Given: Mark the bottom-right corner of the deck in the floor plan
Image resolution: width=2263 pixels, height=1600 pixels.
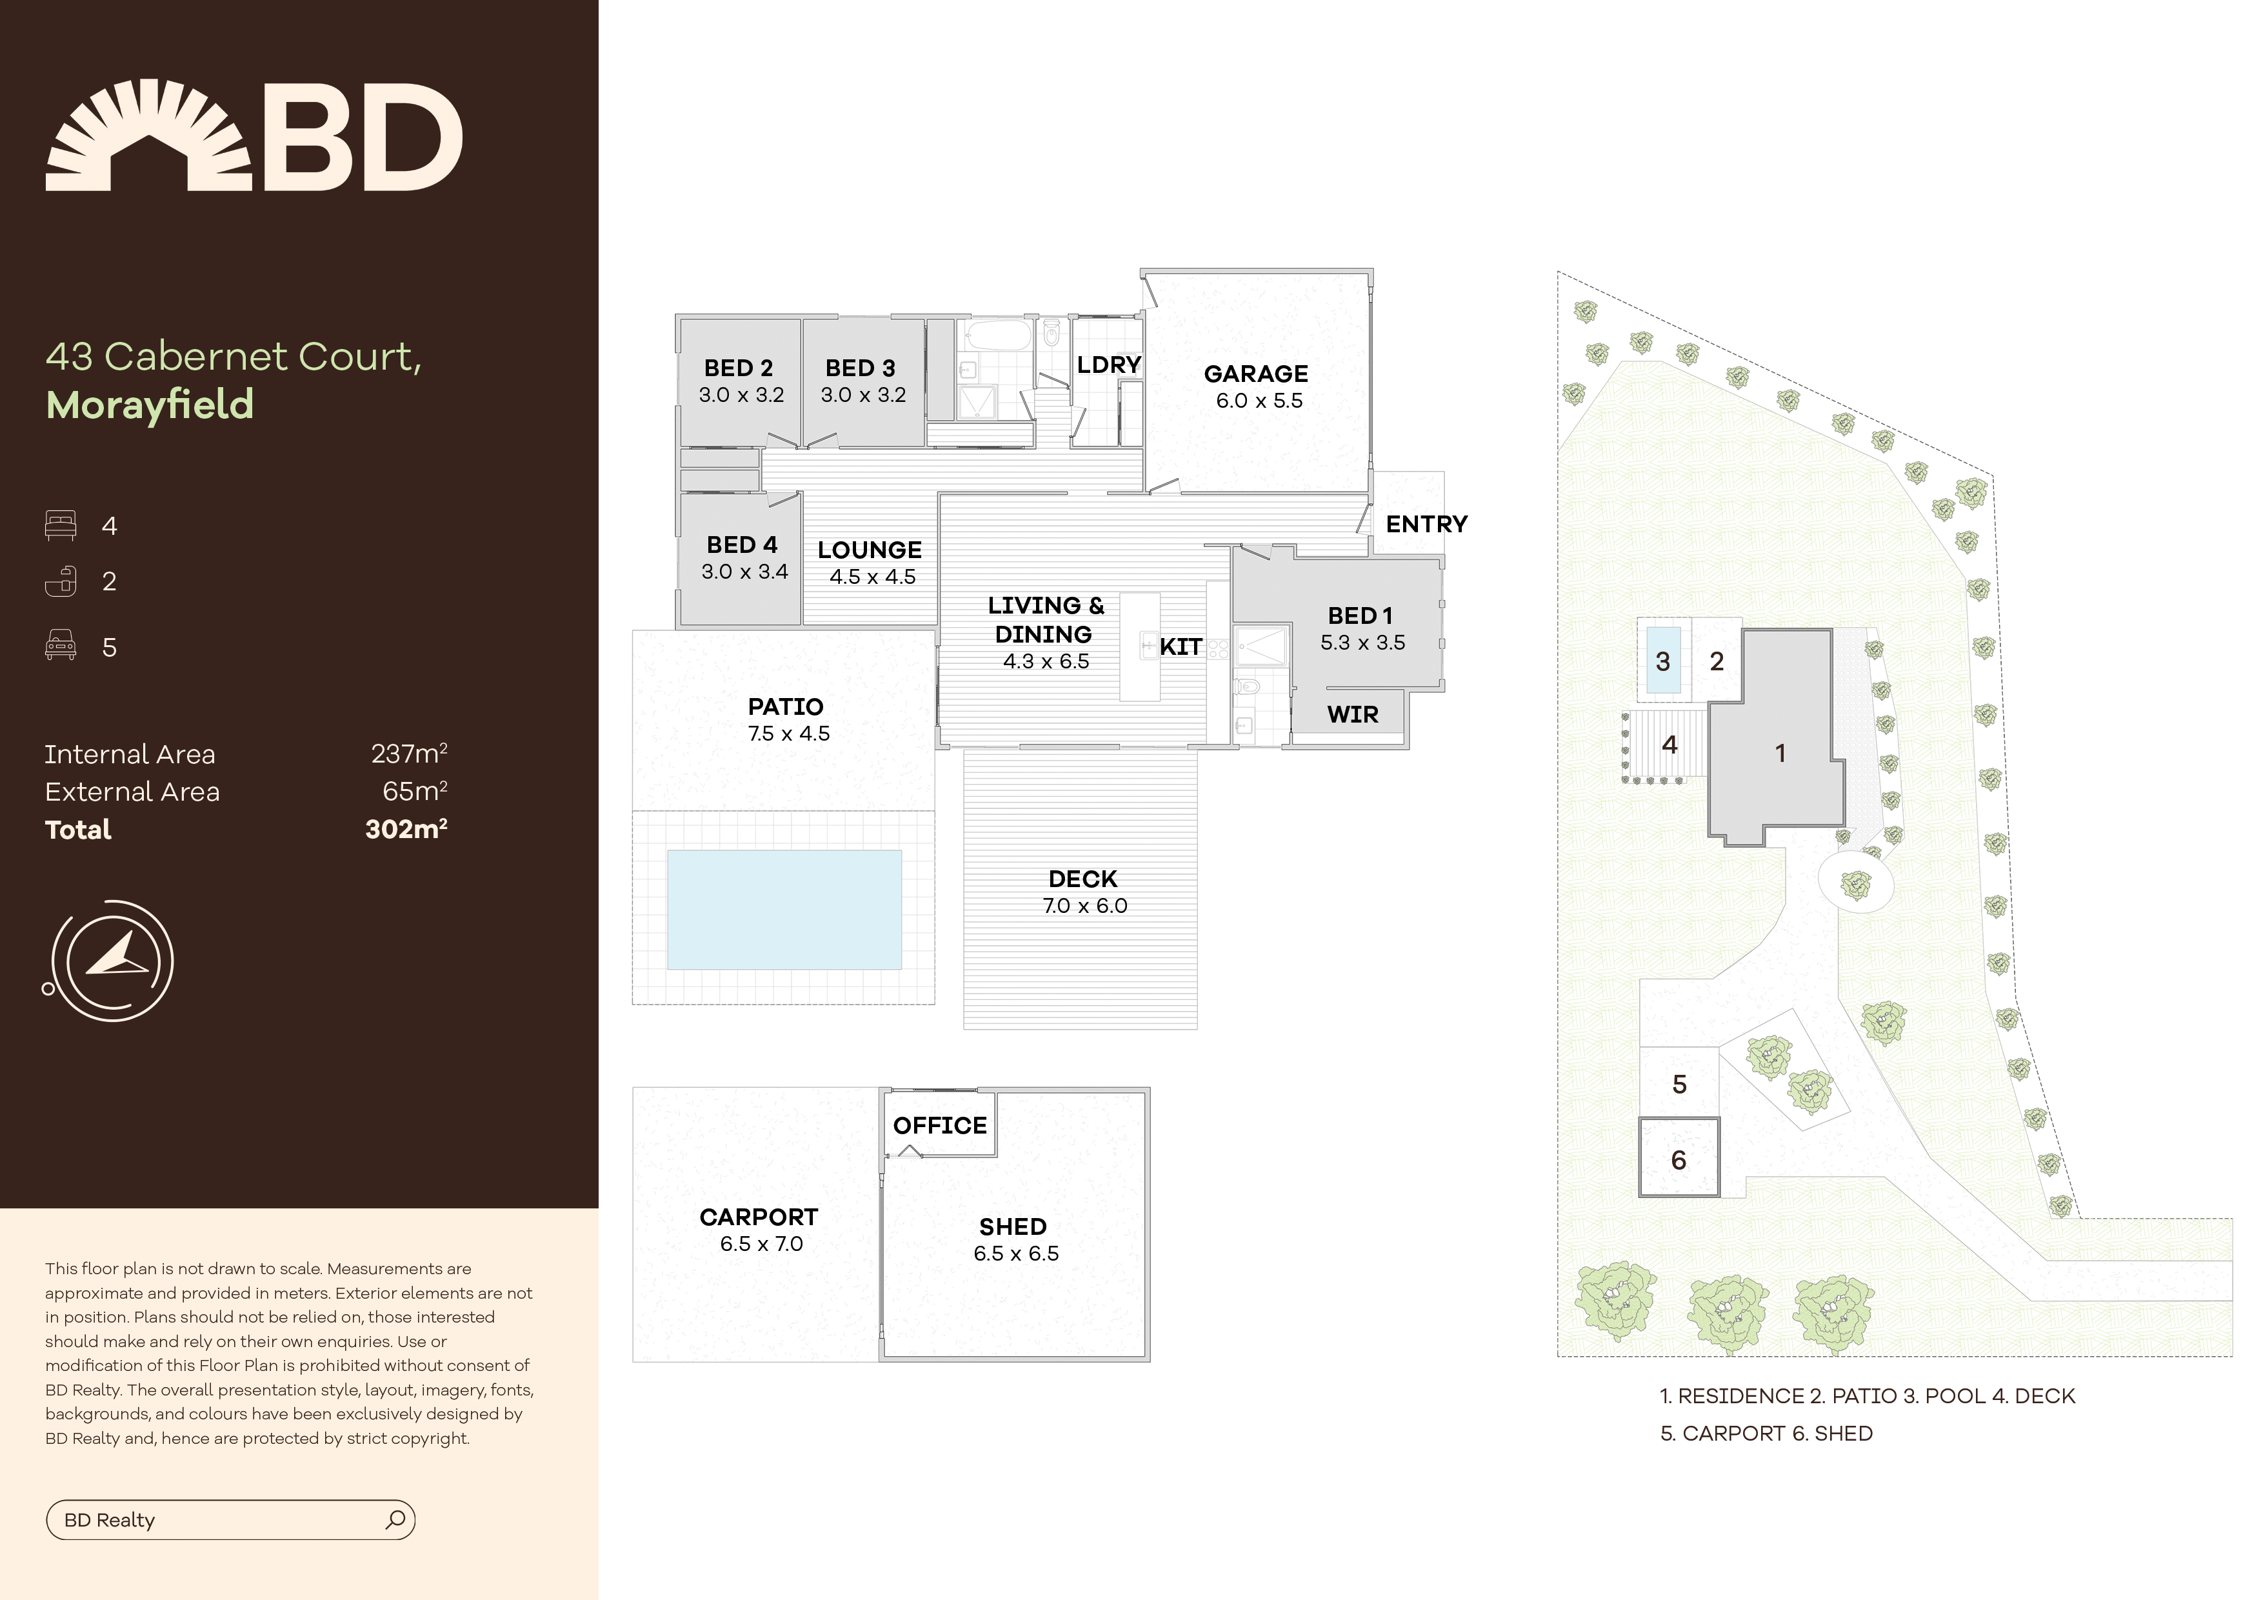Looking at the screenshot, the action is point(1197,1029).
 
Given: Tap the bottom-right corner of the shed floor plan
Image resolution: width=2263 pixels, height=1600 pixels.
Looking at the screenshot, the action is point(1150,1361).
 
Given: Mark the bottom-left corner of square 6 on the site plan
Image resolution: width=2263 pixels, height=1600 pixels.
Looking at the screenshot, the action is point(1640,1196).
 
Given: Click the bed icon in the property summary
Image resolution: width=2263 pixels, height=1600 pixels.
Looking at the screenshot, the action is point(60,525).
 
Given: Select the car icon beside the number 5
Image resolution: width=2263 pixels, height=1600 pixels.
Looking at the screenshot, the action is point(60,646).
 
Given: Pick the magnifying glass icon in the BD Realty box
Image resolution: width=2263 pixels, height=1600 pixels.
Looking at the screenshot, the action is point(395,1519).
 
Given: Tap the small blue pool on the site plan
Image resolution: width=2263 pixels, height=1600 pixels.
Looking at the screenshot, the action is point(1664,661).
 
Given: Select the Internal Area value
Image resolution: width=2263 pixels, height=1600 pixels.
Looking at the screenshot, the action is point(409,754).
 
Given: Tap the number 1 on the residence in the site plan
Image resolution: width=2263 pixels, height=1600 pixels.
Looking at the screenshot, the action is point(1780,753).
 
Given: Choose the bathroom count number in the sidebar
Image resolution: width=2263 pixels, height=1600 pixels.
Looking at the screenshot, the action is point(110,582).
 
